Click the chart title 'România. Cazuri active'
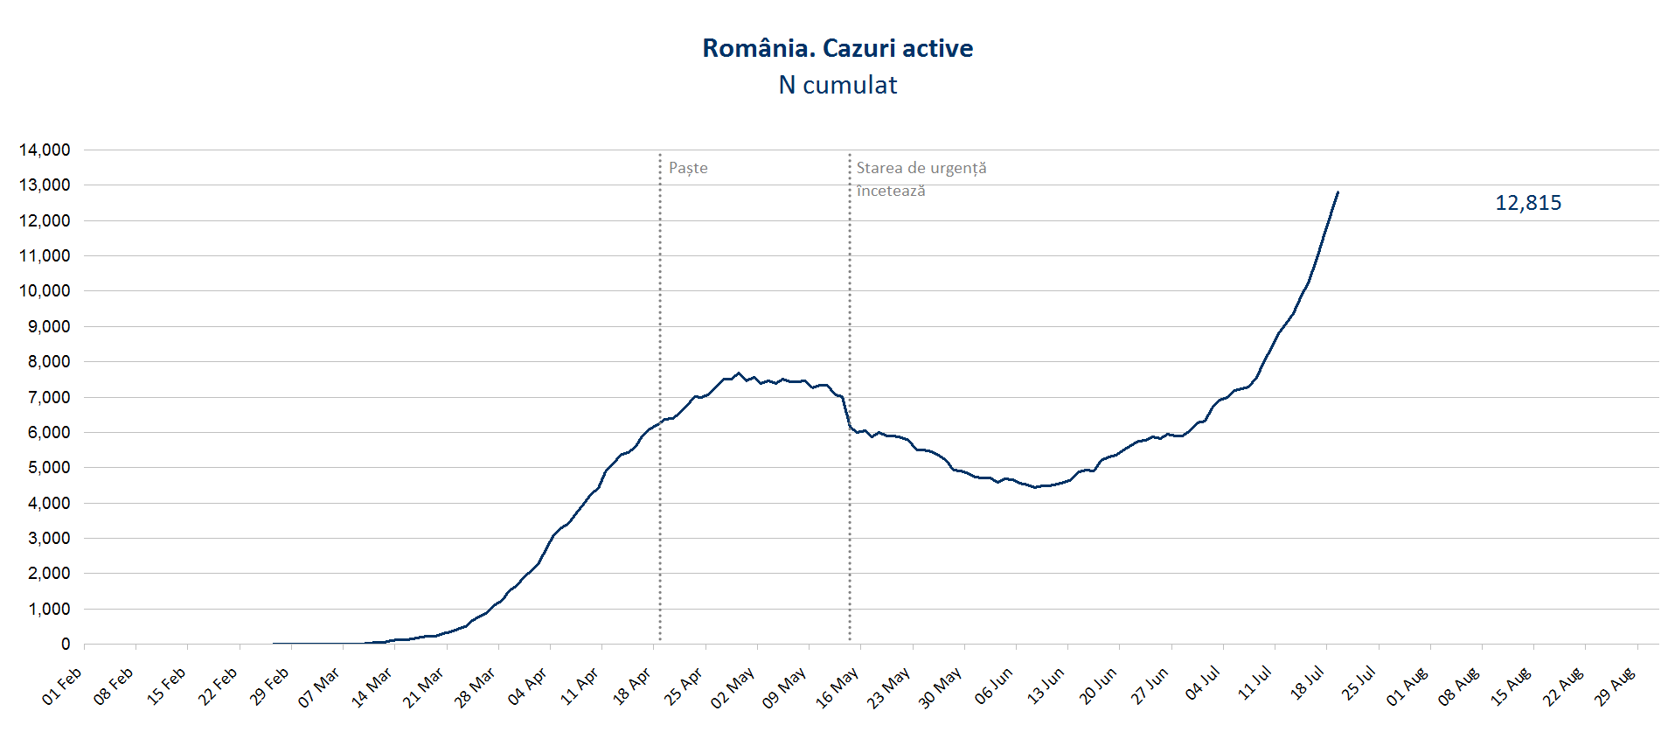837,48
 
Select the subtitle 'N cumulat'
837,85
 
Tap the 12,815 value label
1528,203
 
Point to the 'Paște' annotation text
688,168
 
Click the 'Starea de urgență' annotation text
921,168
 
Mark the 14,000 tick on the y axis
45,150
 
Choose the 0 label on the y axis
66,644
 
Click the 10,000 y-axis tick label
45,291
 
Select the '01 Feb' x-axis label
62,687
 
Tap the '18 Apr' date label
631,687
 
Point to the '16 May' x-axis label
837,687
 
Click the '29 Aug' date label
1615,687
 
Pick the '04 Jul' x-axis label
1202,684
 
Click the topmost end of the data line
1338,192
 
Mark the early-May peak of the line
739,373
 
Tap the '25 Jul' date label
1358,684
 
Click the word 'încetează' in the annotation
890,191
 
